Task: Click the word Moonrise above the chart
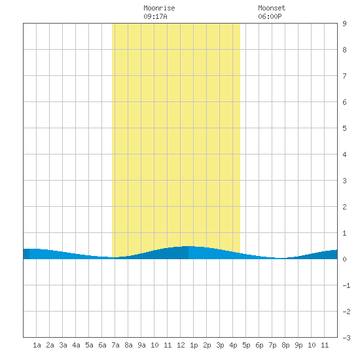[x=159, y=8]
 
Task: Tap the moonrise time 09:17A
[x=155, y=16]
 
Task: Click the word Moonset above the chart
[x=272, y=8]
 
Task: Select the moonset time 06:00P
[x=270, y=16]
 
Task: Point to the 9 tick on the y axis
[x=344, y=24]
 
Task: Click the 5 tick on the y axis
[x=344, y=128]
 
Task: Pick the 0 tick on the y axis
[x=344, y=259]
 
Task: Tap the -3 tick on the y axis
[x=346, y=338]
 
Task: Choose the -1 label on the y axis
[x=346, y=285]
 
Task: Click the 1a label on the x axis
[x=37, y=345]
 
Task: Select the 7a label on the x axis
[x=115, y=345]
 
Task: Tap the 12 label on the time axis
[x=181, y=345]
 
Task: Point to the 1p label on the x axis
[x=194, y=345]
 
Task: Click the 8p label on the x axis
[x=285, y=345]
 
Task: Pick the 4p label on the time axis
[x=233, y=345]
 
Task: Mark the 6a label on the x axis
[x=102, y=345]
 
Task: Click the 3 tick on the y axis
[x=344, y=181]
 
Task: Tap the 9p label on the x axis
[x=298, y=345]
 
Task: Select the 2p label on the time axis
[x=207, y=345]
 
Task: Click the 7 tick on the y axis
[x=344, y=76]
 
